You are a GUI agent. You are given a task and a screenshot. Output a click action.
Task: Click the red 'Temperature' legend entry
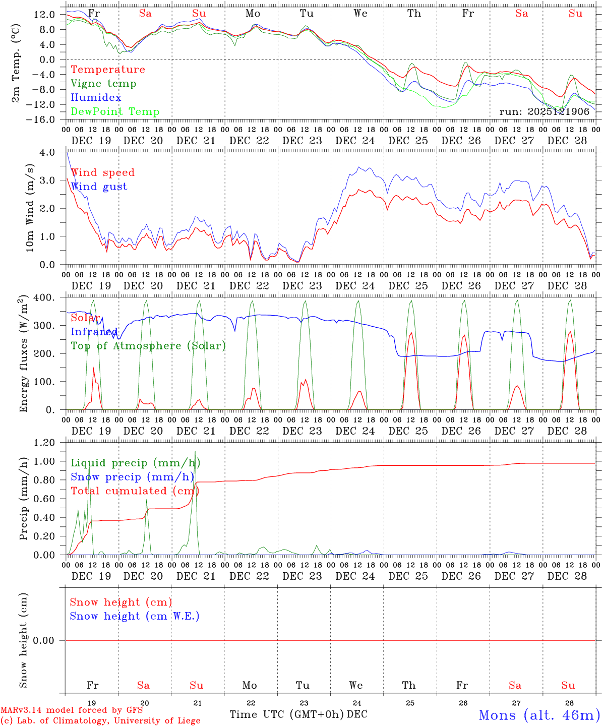pyautogui.click(x=107, y=70)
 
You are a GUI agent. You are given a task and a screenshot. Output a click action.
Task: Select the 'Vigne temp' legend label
pyautogui.click(x=103, y=84)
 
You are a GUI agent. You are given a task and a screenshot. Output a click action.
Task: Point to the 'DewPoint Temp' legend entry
pyautogui.click(x=115, y=112)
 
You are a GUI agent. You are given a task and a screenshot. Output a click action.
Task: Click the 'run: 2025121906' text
pyautogui.click(x=544, y=111)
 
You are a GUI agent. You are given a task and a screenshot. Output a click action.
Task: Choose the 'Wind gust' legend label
pyautogui.click(x=99, y=187)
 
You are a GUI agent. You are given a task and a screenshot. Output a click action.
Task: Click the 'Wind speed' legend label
pyautogui.click(x=102, y=172)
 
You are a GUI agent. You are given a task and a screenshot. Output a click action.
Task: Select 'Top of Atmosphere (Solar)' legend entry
pyautogui.click(x=148, y=346)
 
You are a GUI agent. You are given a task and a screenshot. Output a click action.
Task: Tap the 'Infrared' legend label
pyautogui.click(x=94, y=332)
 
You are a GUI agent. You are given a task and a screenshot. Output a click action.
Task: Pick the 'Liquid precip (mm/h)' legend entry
pyautogui.click(x=135, y=463)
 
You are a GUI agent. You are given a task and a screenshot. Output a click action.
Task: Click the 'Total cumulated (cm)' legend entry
pyautogui.click(x=135, y=491)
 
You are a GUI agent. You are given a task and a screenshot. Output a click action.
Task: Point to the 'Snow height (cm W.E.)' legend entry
pyautogui.click(x=135, y=616)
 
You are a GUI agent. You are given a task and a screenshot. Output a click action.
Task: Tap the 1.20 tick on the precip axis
pyautogui.click(x=44, y=443)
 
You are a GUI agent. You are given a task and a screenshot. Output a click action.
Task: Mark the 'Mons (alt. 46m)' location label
pyautogui.click(x=539, y=715)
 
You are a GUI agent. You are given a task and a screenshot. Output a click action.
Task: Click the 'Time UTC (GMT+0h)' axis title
pyautogui.click(x=286, y=714)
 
